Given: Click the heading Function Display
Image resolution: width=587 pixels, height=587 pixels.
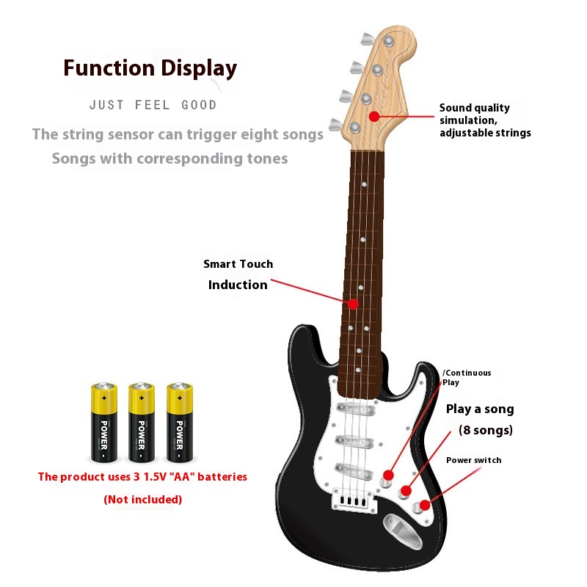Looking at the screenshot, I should tap(150, 68).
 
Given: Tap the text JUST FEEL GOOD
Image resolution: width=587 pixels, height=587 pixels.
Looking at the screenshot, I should tap(153, 105).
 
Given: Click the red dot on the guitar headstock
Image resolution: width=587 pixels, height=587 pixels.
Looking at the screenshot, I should tap(374, 116).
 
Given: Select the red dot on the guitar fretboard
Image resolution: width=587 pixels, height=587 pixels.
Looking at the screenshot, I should tap(353, 303).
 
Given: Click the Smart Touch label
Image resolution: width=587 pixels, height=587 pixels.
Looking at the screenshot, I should tap(238, 264).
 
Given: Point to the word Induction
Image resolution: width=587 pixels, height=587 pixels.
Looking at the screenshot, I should tap(238, 285).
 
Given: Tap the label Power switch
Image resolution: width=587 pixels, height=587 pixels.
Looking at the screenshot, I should tap(474, 460).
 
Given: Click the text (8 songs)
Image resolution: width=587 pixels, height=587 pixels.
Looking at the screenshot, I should tap(485, 430).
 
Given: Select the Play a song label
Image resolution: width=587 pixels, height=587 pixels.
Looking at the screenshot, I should tap(480, 409).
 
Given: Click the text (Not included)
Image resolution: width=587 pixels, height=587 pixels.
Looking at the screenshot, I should tap(142, 500).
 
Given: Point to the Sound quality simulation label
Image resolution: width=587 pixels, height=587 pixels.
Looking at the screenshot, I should tap(484, 120).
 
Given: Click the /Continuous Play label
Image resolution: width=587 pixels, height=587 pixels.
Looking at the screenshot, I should tap(466, 377).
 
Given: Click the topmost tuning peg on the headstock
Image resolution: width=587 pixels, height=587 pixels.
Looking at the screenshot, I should tap(364, 37).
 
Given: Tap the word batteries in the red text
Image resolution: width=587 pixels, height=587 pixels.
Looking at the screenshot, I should tap(219, 477).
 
